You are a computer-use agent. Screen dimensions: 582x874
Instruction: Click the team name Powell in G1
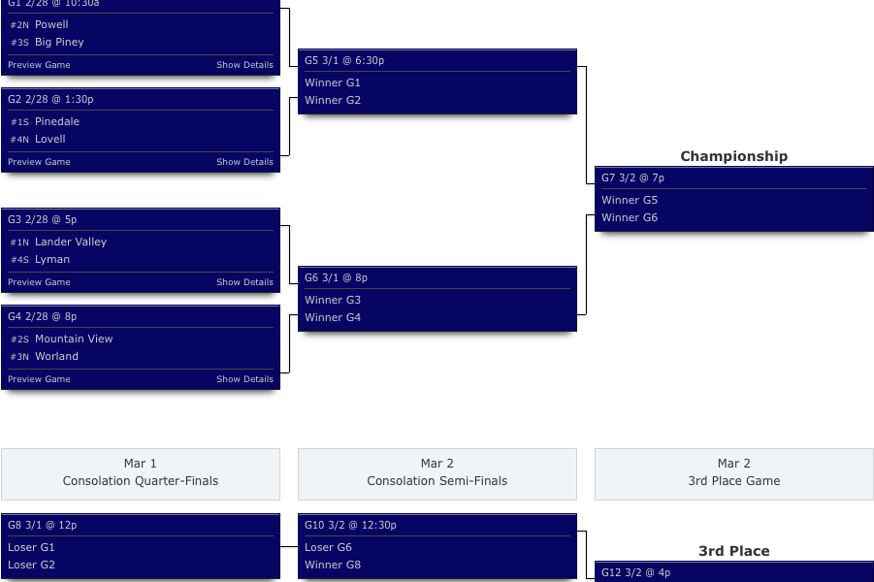pyautogui.click(x=51, y=24)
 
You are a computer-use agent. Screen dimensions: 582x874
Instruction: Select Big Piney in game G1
pyautogui.click(x=59, y=42)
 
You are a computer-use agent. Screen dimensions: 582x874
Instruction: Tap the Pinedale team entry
pyautogui.click(x=57, y=121)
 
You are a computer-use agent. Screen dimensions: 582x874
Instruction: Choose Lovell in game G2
pyautogui.click(x=50, y=139)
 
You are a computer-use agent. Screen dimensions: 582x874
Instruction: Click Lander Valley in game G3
pyautogui.click(x=71, y=242)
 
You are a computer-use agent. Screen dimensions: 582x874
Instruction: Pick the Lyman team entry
pyautogui.click(x=52, y=259)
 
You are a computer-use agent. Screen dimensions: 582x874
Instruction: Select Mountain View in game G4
pyautogui.click(x=74, y=339)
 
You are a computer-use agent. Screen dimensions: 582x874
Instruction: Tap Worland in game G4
pyautogui.click(x=56, y=356)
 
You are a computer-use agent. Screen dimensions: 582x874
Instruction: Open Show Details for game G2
pyautogui.click(x=244, y=162)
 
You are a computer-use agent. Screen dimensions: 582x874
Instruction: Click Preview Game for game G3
pyautogui.click(x=39, y=282)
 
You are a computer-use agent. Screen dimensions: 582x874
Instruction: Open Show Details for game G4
pyautogui.click(x=244, y=379)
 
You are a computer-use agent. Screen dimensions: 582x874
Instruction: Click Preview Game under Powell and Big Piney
pyautogui.click(x=39, y=65)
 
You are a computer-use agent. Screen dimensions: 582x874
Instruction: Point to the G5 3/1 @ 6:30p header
pyautogui.click(x=344, y=60)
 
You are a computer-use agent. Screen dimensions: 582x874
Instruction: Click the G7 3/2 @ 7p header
pyautogui.click(x=632, y=178)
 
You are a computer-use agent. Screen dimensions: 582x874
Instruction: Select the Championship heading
pyautogui.click(x=733, y=156)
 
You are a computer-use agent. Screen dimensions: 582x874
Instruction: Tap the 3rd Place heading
pyautogui.click(x=733, y=551)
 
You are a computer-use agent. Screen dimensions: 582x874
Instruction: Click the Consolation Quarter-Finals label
pyautogui.click(x=141, y=481)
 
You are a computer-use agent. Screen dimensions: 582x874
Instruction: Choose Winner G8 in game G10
pyautogui.click(x=333, y=565)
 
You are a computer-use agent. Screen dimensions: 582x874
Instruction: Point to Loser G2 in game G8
pyautogui.click(x=32, y=565)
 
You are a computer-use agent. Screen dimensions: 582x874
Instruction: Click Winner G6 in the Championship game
pyautogui.click(x=630, y=217)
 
